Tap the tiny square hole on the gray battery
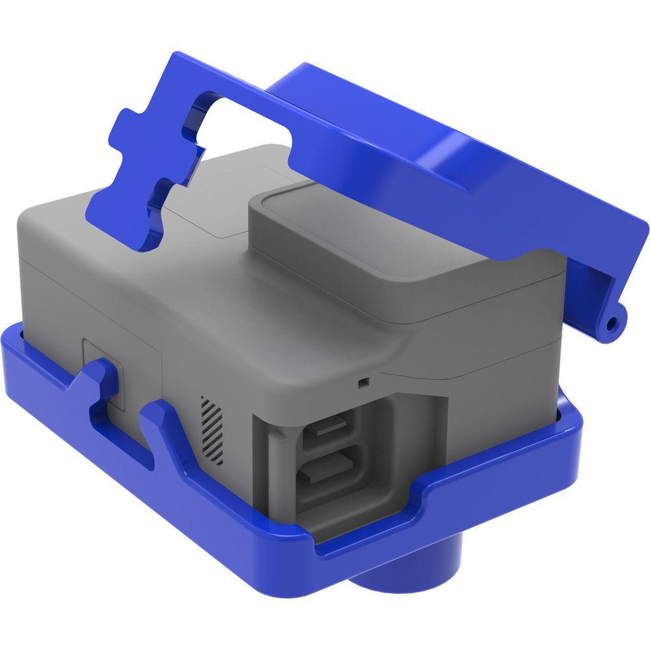click(x=363, y=382)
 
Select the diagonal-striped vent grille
click(x=213, y=430)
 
